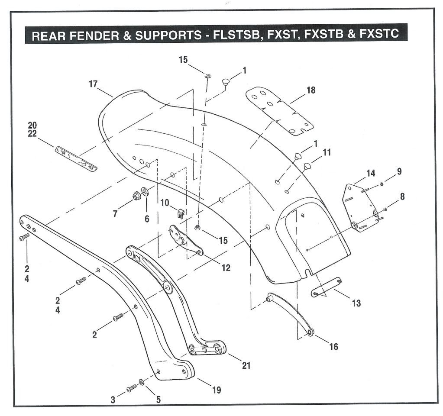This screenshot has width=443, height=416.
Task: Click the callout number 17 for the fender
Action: tap(94, 84)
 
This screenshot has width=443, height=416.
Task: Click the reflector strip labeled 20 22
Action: tap(76, 158)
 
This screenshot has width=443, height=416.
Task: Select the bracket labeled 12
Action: tap(185, 240)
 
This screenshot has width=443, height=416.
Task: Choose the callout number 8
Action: tap(402, 196)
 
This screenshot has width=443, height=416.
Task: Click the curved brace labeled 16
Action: tap(289, 314)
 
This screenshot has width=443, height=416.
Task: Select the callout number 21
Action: tap(246, 365)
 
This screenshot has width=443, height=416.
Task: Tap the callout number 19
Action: tap(216, 390)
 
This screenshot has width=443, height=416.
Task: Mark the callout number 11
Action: tap(327, 152)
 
